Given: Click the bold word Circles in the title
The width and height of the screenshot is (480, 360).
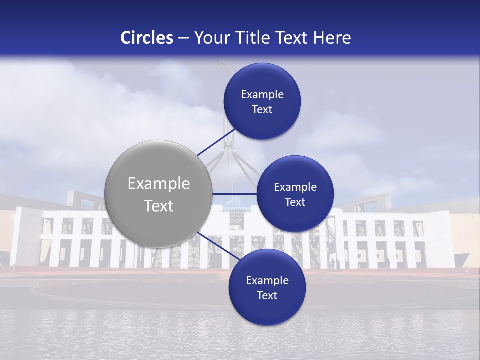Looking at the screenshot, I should [x=147, y=38].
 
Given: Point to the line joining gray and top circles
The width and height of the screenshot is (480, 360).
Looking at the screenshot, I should [x=216, y=142].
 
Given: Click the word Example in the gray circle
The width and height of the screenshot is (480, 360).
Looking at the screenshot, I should [x=159, y=184].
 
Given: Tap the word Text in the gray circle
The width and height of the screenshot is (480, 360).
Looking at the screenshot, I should [x=159, y=206].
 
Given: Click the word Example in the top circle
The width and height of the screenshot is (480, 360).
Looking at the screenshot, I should [x=262, y=95].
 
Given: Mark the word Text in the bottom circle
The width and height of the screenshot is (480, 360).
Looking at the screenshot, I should [x=267, y=295].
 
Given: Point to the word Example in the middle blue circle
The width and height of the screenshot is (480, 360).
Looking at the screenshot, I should [x=295, y=187].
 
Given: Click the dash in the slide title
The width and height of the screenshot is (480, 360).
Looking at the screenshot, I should [x=183, y=38].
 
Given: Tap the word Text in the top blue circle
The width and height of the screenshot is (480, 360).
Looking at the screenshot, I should [x=262, y=110].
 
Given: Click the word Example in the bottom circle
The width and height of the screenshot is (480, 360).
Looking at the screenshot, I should [x=267, y=281].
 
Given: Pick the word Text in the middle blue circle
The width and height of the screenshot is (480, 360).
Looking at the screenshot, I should [x=295, y=202].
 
